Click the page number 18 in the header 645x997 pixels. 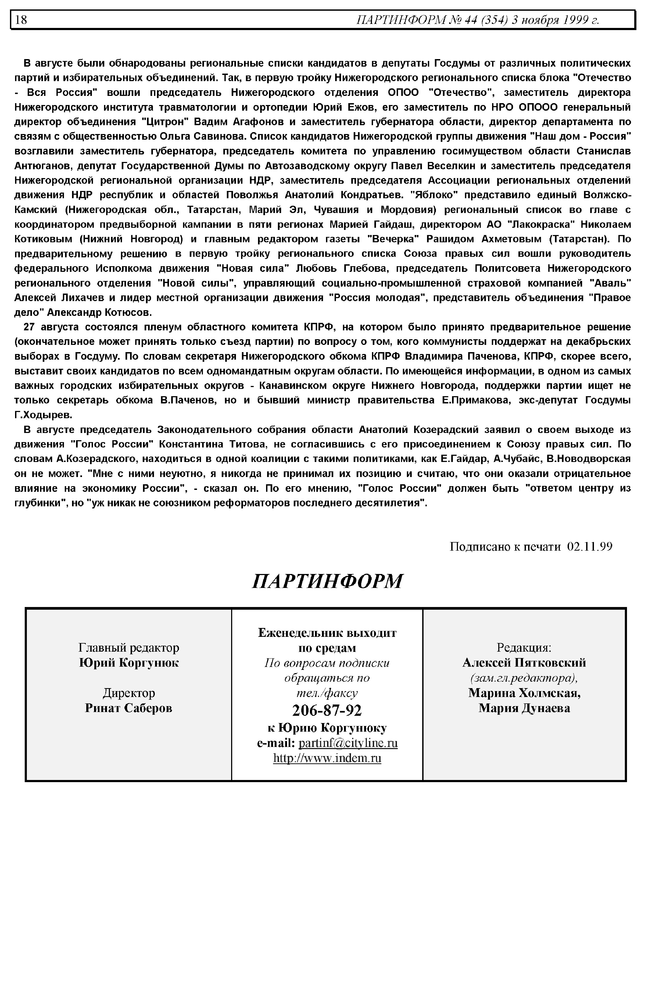pyautogui.click(x=21, y=20)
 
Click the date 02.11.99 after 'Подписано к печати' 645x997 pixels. pyautogui.click(x=590, y=547)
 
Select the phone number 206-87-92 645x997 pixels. pyautogui.click(x=327, y=710)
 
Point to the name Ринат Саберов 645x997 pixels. pyautogui.click(x=128, y=708)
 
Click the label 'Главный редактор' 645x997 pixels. pyautogui.click(x=128, y=648)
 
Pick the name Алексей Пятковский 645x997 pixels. pyautogui.click(x=524, y=663)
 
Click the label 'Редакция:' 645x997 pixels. pyautogui.click(x=524, y=648)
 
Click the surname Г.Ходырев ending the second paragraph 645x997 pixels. pyautogui.click(x=44, y=415)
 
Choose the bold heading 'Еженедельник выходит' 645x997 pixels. pyautogui.click(x=327, y=633)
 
